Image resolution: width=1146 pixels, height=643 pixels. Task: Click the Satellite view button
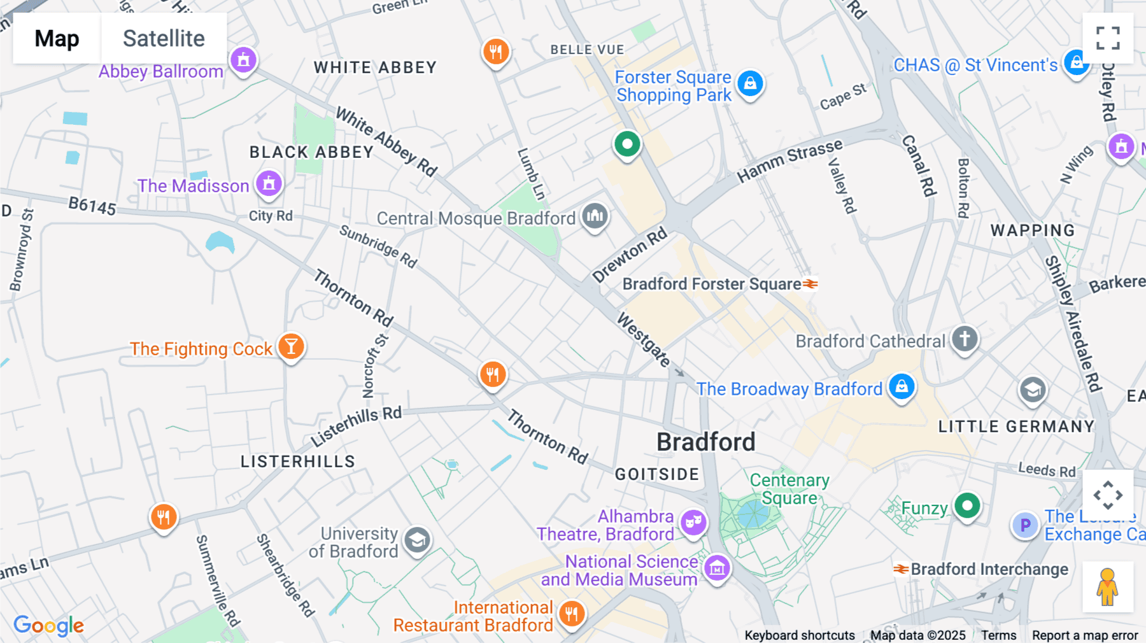click(x=164, y=38)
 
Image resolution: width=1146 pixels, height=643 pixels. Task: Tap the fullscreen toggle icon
click(x=1108, y=38)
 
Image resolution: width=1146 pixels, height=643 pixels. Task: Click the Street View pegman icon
click(x=1108, y=586)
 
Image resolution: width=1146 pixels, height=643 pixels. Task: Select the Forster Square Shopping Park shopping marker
click(x=750, y=83)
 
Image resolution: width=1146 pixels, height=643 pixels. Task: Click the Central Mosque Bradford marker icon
click(x=595, y=216)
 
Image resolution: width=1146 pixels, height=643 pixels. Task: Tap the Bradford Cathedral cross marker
click(x=965, y=338)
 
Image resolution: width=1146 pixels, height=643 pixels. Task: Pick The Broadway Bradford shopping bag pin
click(x=902, y=386)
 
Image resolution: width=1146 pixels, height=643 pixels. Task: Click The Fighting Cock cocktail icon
click(x=292, y=346)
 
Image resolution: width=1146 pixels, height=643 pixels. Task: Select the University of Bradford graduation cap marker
click(x=417, y=541)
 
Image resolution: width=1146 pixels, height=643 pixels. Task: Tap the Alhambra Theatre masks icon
click(x=693, y=522)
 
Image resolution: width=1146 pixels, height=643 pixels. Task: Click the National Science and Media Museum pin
click(x=717, y=568)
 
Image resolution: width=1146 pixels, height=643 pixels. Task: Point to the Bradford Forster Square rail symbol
click(x=810, y=284)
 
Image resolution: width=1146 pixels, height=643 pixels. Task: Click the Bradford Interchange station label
click(x=989, y=569)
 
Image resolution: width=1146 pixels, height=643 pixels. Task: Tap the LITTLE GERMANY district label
click(x=1016, y=427)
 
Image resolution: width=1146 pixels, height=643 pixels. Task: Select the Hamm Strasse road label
click(x=789, y=161)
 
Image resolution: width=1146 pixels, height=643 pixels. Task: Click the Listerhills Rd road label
click(x=356, y=427)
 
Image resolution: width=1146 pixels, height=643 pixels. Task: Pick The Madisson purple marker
click(x=269, y=183)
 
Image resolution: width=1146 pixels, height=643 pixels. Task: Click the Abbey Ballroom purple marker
click(x=243, y=60)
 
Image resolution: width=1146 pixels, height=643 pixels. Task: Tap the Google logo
click(x=48, y=625)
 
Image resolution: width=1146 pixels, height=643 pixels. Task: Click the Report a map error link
click(x=1085, y=635)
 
